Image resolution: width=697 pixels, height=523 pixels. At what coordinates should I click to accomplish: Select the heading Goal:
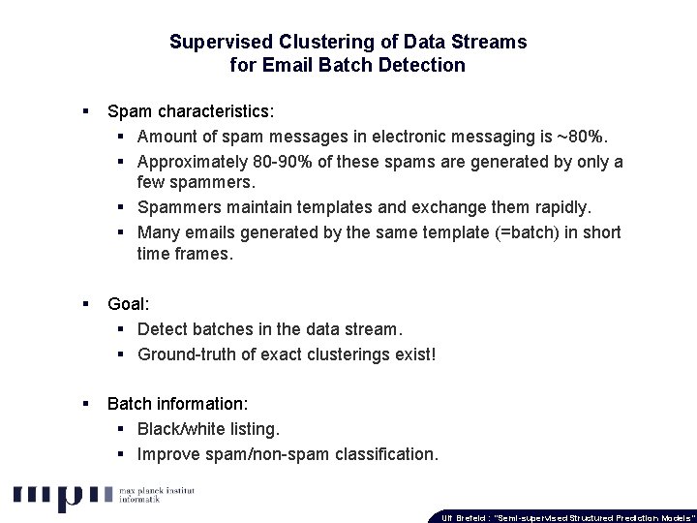coord(129,303)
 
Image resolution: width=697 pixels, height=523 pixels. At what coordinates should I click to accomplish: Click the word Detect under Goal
coord(165,329)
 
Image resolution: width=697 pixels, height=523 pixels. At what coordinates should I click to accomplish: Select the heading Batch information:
coord(176,403)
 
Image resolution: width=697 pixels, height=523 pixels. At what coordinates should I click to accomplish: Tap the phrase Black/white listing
coord(208,428)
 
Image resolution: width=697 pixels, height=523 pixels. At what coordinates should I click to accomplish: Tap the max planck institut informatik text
coord(156,498)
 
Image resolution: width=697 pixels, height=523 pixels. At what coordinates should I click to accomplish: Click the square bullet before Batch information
coord(87,403)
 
